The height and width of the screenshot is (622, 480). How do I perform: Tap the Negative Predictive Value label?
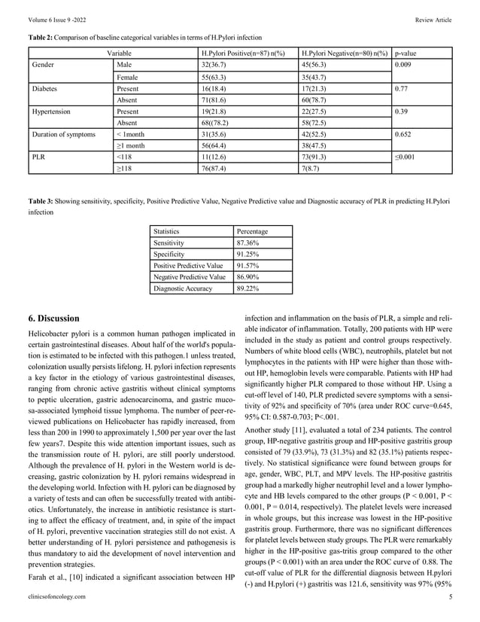190,277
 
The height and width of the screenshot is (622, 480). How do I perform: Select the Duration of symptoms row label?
64,133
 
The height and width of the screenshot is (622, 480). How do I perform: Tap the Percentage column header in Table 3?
253,232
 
